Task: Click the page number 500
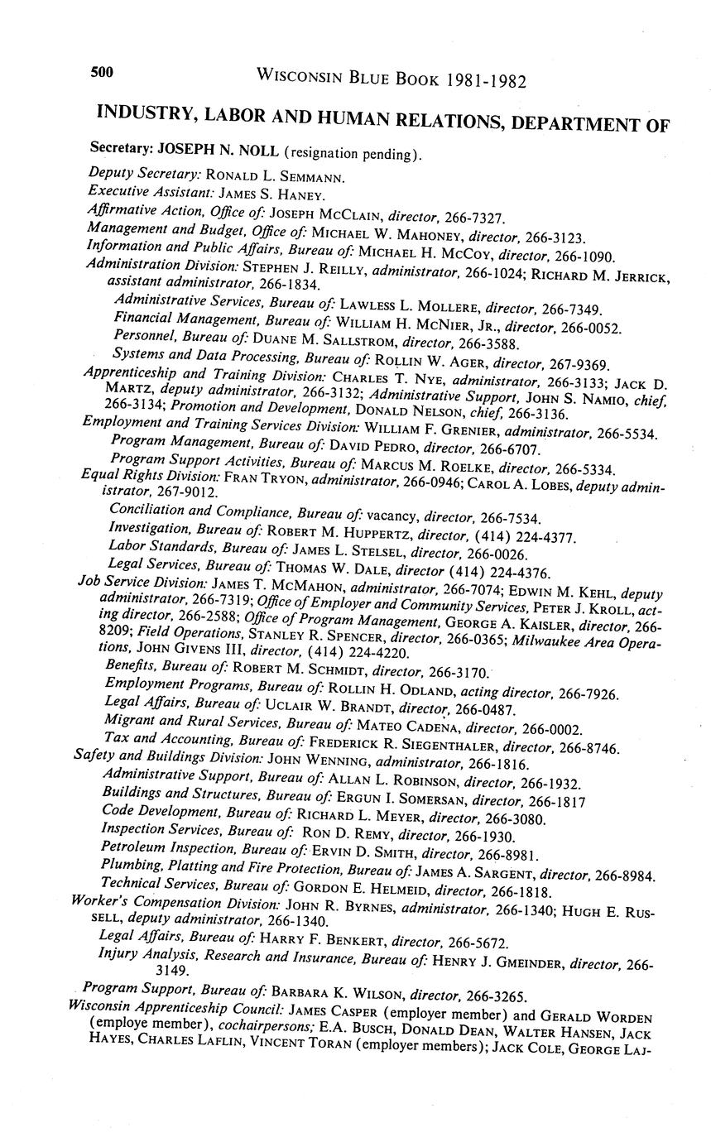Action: (102, 73)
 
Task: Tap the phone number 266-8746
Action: (589, 748)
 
